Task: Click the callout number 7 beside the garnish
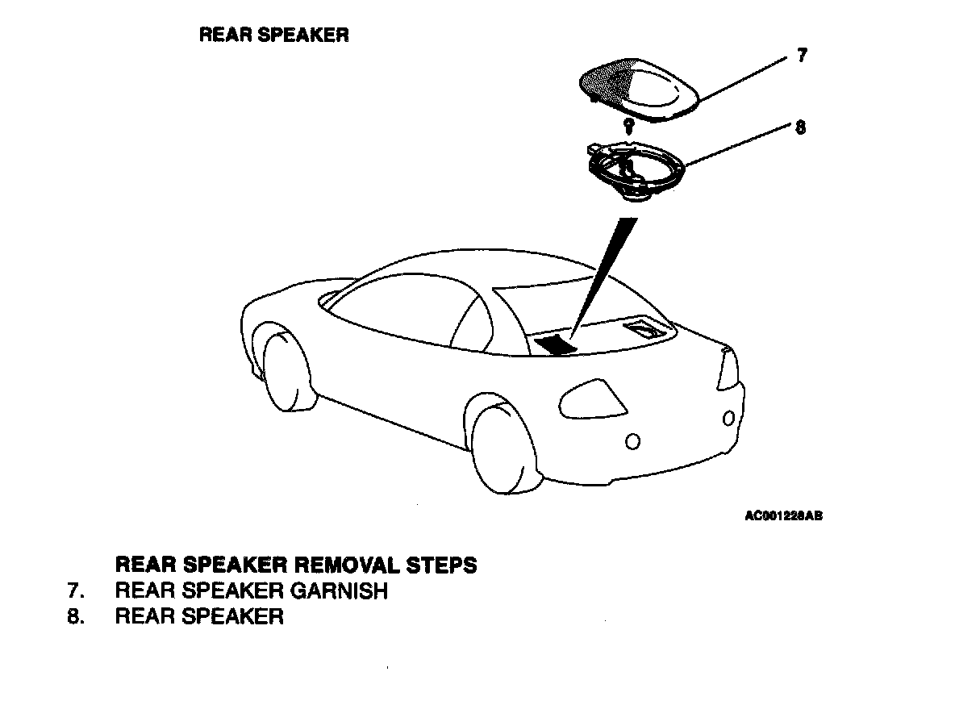tap(802, 56)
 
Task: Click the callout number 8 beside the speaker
tap(800, 127)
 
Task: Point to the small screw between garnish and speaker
tap(628, 125)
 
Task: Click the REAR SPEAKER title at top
tap(273, 35)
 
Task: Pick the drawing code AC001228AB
tap(783, 517)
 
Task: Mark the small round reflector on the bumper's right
tap(728, 418)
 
